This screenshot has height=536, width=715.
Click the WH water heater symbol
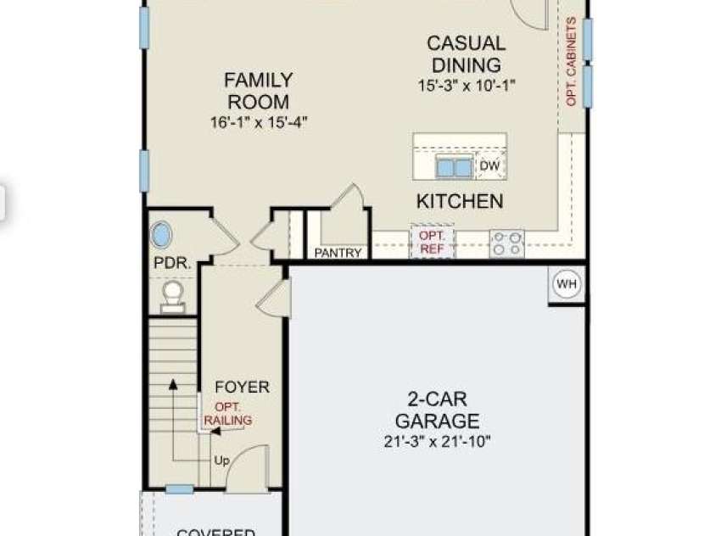(567, 285)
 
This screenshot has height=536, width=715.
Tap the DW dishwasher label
(489, 166)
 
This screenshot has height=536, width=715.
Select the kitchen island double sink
(455, 166)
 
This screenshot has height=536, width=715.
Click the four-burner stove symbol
(506, 244)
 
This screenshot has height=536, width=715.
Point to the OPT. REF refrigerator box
(433, 243)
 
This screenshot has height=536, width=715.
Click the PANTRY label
(338, 253)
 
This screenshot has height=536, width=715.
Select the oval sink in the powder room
(161, 235)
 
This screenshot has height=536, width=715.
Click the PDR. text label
(171, 264)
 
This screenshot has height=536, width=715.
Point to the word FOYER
(242, 388)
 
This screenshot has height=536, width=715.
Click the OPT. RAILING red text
(228, 414)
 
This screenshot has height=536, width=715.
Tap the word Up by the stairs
(221, 461)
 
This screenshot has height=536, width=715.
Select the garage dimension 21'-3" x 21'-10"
(437, 441)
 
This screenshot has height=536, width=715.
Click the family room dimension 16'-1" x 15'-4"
(258, 122)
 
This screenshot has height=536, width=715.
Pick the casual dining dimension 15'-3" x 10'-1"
(466, 85)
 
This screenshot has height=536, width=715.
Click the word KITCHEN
(460, 202)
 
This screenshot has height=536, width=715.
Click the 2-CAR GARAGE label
(437, 410)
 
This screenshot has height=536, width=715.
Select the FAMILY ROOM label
(258, 90)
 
